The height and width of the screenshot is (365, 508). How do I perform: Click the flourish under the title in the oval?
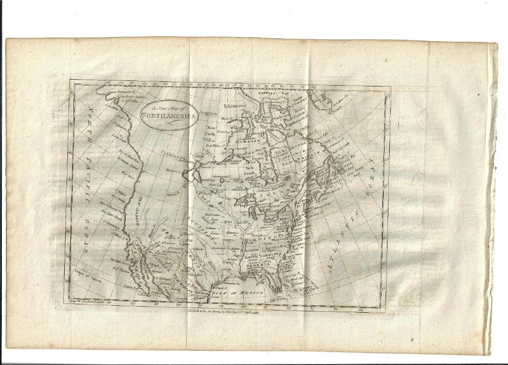[x=169, y=125]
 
